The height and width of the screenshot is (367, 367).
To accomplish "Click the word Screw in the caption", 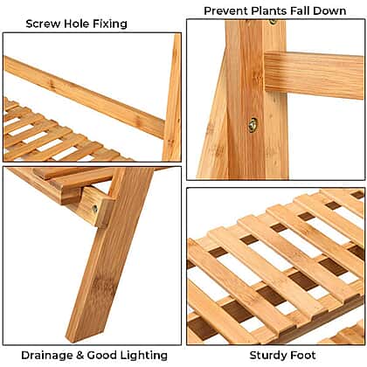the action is pos(43,24).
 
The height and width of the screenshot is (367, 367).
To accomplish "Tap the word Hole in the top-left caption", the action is pos(77,24).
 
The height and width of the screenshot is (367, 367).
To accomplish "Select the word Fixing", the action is pos(110,24).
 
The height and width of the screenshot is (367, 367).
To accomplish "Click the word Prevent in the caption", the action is pos(226,11).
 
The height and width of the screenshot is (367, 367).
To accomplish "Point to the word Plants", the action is pos(269,11).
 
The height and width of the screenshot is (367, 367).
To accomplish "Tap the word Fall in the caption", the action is pos(300,11).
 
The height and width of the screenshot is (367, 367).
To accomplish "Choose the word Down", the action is pos(329,11).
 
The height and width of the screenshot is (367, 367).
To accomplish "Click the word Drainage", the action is pos(47,356).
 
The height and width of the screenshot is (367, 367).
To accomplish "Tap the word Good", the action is pos(101,356).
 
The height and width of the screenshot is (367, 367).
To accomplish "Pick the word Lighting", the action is pos(143,356).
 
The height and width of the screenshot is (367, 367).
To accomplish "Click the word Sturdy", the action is pos(270,356).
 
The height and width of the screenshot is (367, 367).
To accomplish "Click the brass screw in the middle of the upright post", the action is pos(253,125).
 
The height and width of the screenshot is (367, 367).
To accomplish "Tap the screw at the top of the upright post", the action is pos(273,22).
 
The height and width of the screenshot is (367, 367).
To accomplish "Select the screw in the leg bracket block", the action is pos(94,209).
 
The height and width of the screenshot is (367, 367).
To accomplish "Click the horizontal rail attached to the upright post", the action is pos(314,75).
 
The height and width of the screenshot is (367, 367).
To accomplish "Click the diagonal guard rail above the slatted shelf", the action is pos(85,97).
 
